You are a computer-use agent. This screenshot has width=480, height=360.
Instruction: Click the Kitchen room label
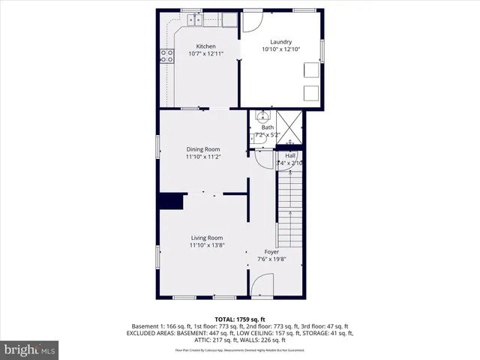pos(205,46)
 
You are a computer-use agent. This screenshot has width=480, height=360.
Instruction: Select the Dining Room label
pos(202,149)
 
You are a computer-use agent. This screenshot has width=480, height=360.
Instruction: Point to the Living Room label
pos(206,238)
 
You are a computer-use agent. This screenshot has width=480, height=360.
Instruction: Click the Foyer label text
pos(271,252)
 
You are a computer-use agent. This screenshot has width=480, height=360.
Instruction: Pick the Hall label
pos(289,155)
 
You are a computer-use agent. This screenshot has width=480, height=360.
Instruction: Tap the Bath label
pos(267,127)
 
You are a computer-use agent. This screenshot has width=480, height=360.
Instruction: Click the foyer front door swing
pos(262,286)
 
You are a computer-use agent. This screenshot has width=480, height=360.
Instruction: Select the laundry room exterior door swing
pos(254,21)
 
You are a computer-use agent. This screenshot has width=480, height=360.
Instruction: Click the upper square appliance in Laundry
pos(310,70)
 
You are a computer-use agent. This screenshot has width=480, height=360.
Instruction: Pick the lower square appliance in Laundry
pos(310,93)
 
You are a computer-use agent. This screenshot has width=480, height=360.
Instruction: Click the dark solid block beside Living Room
pos(172,202)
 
